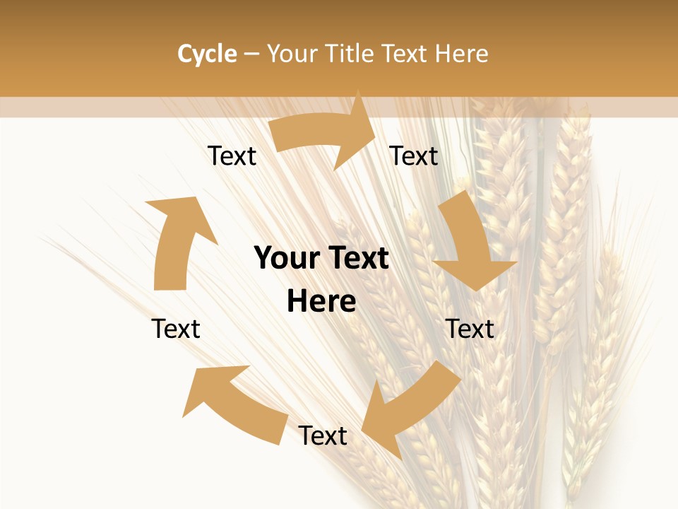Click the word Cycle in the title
[x=207, y=54]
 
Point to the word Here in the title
[x=461, y=54]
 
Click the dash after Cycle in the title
[x=251, y=54]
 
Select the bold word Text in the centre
[x=356, y=259]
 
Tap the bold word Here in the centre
[x=321, y=302]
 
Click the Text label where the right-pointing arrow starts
[x=232, y=156]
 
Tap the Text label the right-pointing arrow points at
[x=414, y=156]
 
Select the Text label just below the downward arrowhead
[x=470, y=329]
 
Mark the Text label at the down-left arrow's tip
[x=323, y=436]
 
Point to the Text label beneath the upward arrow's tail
[x=176, y=329]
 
